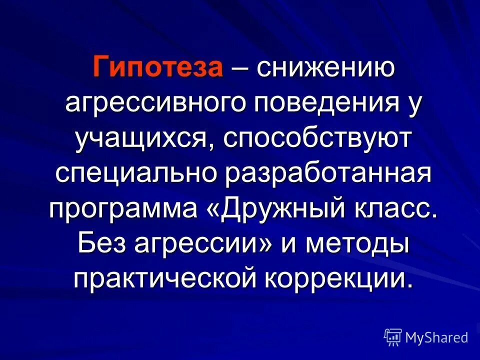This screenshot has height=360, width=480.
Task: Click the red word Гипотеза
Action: (x=157, y=67)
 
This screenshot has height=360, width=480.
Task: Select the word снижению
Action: (x=325, y=67)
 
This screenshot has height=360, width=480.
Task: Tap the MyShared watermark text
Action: (x=436, y=337)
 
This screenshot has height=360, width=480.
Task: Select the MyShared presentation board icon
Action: (x=393, y=337)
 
